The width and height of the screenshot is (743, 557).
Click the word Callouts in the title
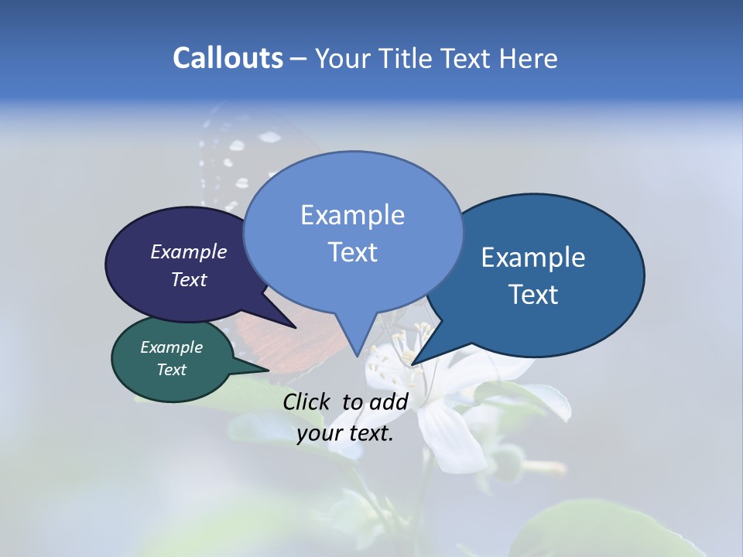coord(228,58)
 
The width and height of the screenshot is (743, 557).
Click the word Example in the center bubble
coord(352,215)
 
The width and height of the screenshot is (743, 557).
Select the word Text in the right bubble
coord(533,295)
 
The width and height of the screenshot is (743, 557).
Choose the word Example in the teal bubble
coord(171,347)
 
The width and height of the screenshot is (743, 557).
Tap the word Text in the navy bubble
coord(189,280)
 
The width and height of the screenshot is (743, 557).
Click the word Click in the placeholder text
coord(309,401)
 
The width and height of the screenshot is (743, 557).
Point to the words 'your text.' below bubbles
coord(345,433)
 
